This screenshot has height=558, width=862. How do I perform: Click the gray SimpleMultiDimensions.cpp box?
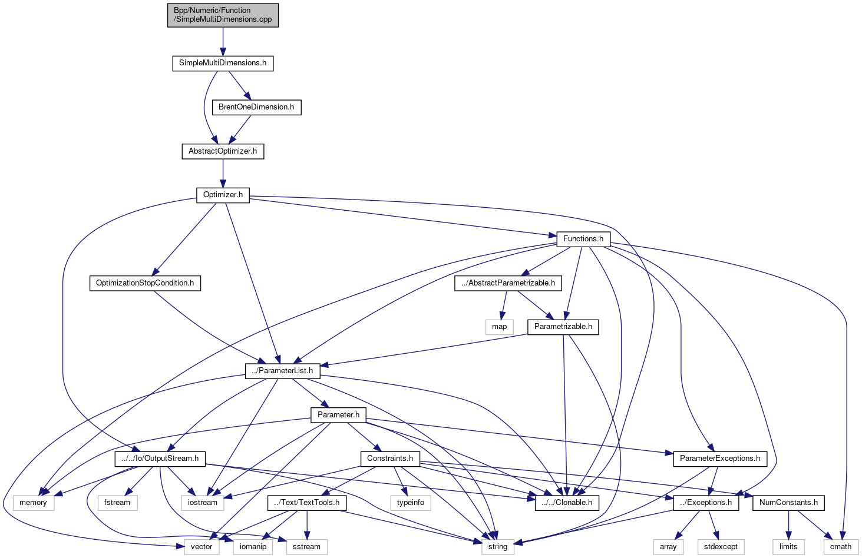pyautogui.click(x=223, y=15)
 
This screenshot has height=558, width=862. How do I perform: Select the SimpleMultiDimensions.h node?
pyautogui.click(x=223, y=63)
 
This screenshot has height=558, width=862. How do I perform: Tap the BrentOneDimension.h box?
pyautogui.click(x=256, y=107)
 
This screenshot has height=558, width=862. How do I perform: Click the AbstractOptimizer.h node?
pyautogui.click(x=223, y=151)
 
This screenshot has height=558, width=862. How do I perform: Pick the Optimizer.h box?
pyautogui.click(x=223, y=195)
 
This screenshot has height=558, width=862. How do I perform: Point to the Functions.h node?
pyautogui.click(x=583, y=239)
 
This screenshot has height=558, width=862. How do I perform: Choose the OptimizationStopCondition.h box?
pyautogui.click(x=145, y=283)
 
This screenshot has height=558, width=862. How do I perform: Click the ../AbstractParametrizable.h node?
pyautogui.click(x=508, y=283)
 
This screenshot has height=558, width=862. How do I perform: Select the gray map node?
pyautogui.click(x=499, y=327)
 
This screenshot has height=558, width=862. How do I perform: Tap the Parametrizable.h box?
pyautogui.click(x=563, y=327)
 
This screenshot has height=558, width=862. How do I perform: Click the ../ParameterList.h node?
pyautogui.click(x=282, y=371)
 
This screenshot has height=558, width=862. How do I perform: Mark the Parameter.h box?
pyautogui.click(x=338, y=415)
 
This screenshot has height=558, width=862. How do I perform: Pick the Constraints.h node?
pyautogui.click(x=390, y=459)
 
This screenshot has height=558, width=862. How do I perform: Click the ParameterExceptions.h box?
pyautogui.click(x=719, y=459)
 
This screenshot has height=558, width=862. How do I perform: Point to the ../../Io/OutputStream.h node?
pyautogui.click(x=160, y=459)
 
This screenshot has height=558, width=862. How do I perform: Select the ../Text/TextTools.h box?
pyautogui.click(x=306, y=503)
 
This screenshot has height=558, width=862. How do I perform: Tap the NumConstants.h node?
pyautogui.click(x=788, y=503)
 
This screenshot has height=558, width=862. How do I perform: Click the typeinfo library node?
pyautogui.click(x=410, y=503)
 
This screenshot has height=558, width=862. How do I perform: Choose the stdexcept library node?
pyautogui.click(x=721, y=547)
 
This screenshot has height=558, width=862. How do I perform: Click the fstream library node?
pyautogui.click(x=117, y=503)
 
